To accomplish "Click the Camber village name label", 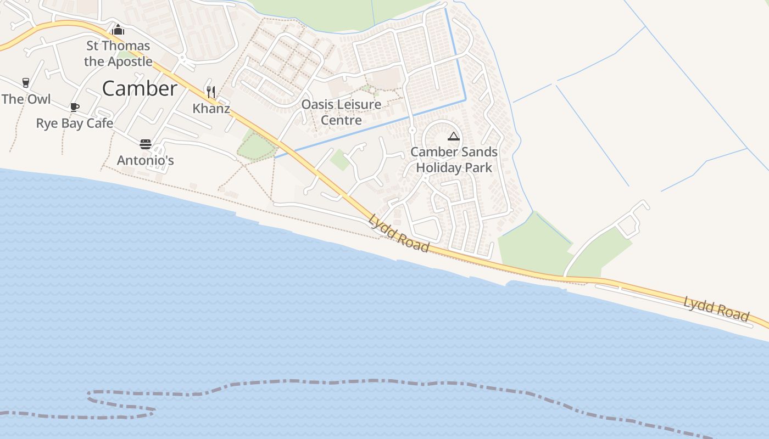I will point(140,88).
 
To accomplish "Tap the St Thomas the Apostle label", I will point(118,53).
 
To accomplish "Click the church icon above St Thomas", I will point(118,30).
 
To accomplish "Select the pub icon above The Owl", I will point(26,83).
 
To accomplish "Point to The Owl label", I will point(26,99).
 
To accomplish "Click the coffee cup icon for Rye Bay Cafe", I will point(75,107).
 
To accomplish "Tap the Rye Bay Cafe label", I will point(75,123).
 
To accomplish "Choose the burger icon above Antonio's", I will point(146,144).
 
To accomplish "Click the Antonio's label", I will point(146,160).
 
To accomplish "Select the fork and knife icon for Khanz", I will point(211,92).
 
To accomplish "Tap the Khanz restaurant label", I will point(211,108).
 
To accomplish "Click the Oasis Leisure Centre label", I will point(341,112).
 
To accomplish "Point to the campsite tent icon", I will point(453,136).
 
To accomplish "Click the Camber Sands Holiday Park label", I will point(454,160).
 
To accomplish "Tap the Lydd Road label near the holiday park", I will point(399,233).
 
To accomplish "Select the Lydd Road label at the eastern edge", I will point(716,308).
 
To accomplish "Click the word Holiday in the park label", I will point(439,167).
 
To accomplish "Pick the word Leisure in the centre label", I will point(360,104).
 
